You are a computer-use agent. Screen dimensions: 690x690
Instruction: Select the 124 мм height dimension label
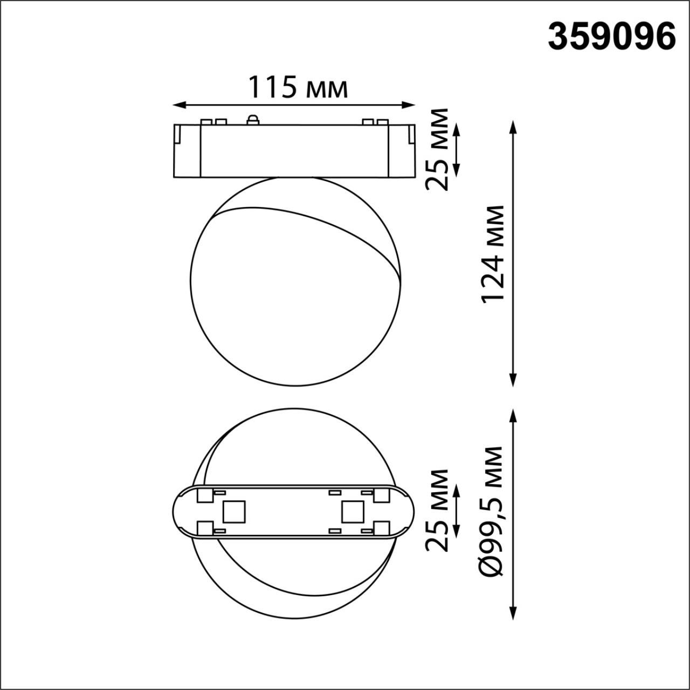494,253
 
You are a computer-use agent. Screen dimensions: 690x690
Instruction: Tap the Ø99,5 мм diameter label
492,511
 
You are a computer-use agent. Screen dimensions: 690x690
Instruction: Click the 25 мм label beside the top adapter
437,149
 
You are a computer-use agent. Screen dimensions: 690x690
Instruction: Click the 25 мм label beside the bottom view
437,510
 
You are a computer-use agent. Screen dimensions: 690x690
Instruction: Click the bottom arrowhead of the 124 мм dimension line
513,381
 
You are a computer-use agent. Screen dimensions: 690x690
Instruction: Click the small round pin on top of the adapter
252,120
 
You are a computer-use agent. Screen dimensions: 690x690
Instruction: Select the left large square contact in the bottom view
233,511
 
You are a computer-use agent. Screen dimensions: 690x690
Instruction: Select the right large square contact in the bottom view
351,511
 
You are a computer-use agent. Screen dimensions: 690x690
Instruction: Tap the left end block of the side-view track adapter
187,150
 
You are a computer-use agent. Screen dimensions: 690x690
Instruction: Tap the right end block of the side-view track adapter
402,150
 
